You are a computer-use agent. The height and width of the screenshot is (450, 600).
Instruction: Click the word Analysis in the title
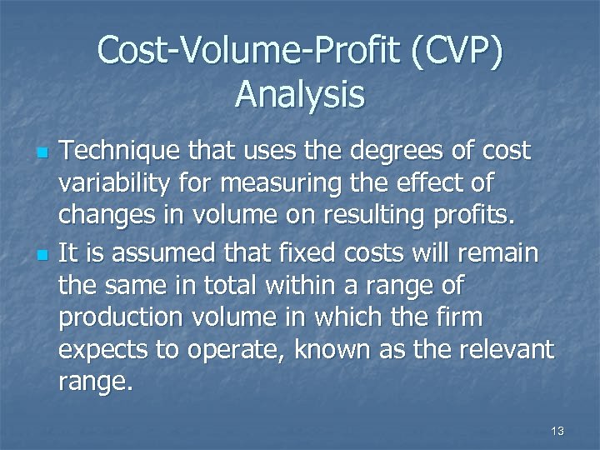300,93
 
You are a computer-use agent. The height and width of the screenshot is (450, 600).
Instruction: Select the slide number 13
557,431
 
